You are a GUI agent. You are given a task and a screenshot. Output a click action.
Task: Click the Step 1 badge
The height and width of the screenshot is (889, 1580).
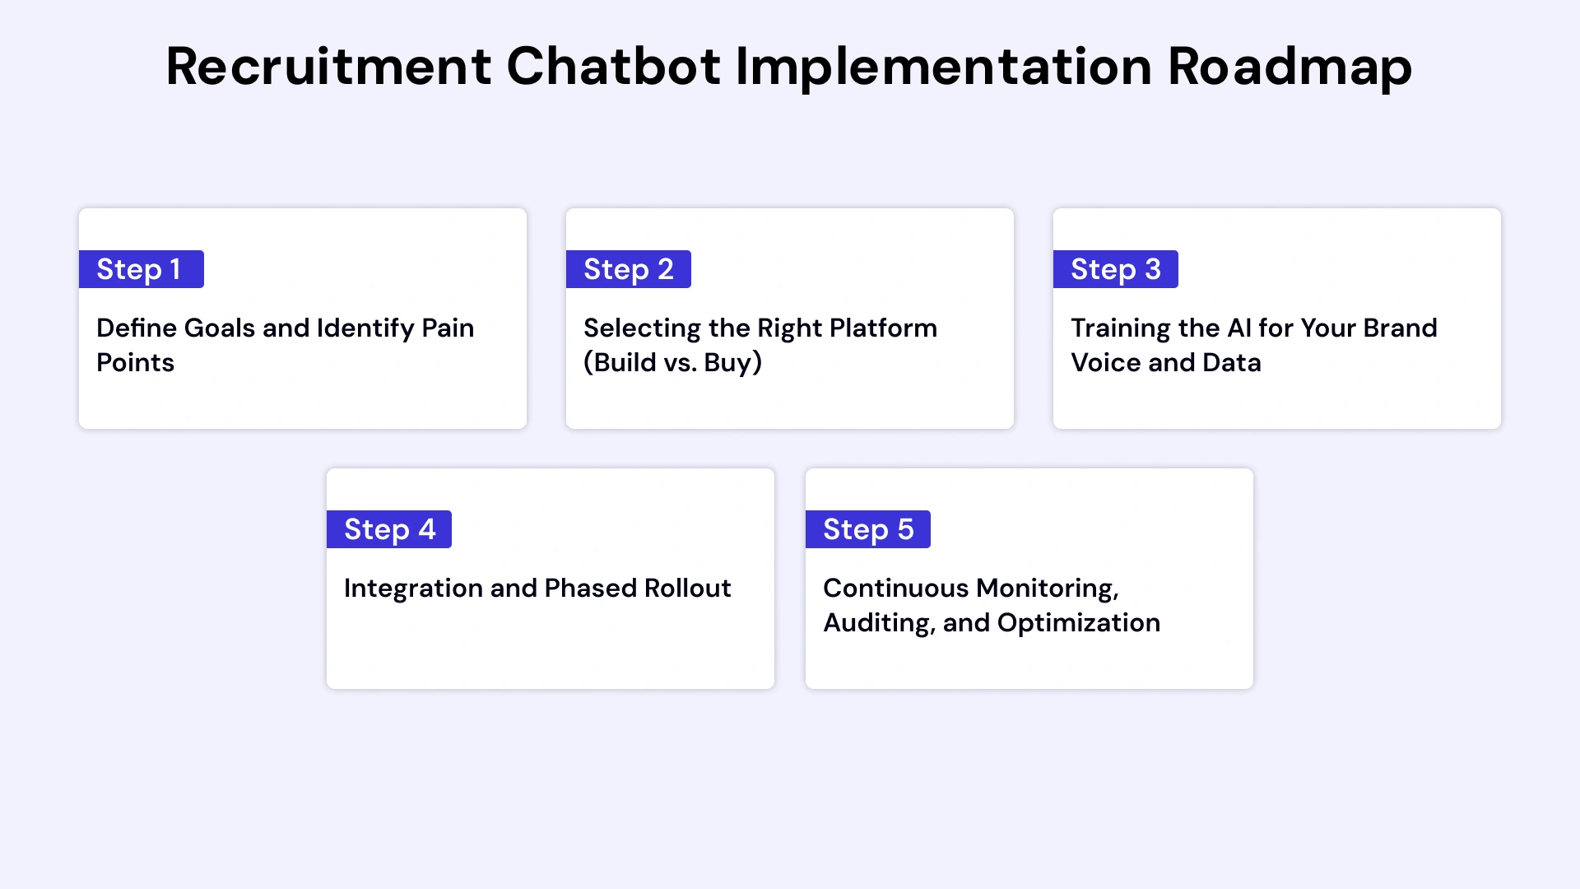(141, 269)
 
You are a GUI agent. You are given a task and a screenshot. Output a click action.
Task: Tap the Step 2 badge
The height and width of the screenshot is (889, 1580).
(628, 269)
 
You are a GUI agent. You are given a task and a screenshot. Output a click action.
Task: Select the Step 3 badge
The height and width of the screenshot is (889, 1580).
(1115, 269)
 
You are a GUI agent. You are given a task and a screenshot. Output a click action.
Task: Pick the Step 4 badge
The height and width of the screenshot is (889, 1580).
(388, 529)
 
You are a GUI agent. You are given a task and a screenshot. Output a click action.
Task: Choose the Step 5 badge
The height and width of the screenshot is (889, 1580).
(867, 529)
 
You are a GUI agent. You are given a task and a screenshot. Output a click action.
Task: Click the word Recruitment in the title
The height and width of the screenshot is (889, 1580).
(328, 67)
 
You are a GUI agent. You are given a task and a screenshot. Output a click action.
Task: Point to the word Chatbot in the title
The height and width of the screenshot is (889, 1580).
(613, 67)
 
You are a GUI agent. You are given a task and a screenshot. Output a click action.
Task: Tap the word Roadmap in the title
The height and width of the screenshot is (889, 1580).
(1290, 67)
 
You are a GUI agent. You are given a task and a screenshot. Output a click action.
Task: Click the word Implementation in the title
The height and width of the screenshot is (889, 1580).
(944, 67)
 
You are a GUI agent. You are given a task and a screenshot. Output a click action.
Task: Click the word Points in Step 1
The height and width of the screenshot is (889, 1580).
(135, 363)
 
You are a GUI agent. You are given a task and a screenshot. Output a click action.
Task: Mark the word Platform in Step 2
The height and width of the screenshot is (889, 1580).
(883, 328)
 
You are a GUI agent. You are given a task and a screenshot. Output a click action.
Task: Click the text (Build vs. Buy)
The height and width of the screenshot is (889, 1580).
(672, 363)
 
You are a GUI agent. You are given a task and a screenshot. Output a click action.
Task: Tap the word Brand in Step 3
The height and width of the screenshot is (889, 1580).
(1400, 328)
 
